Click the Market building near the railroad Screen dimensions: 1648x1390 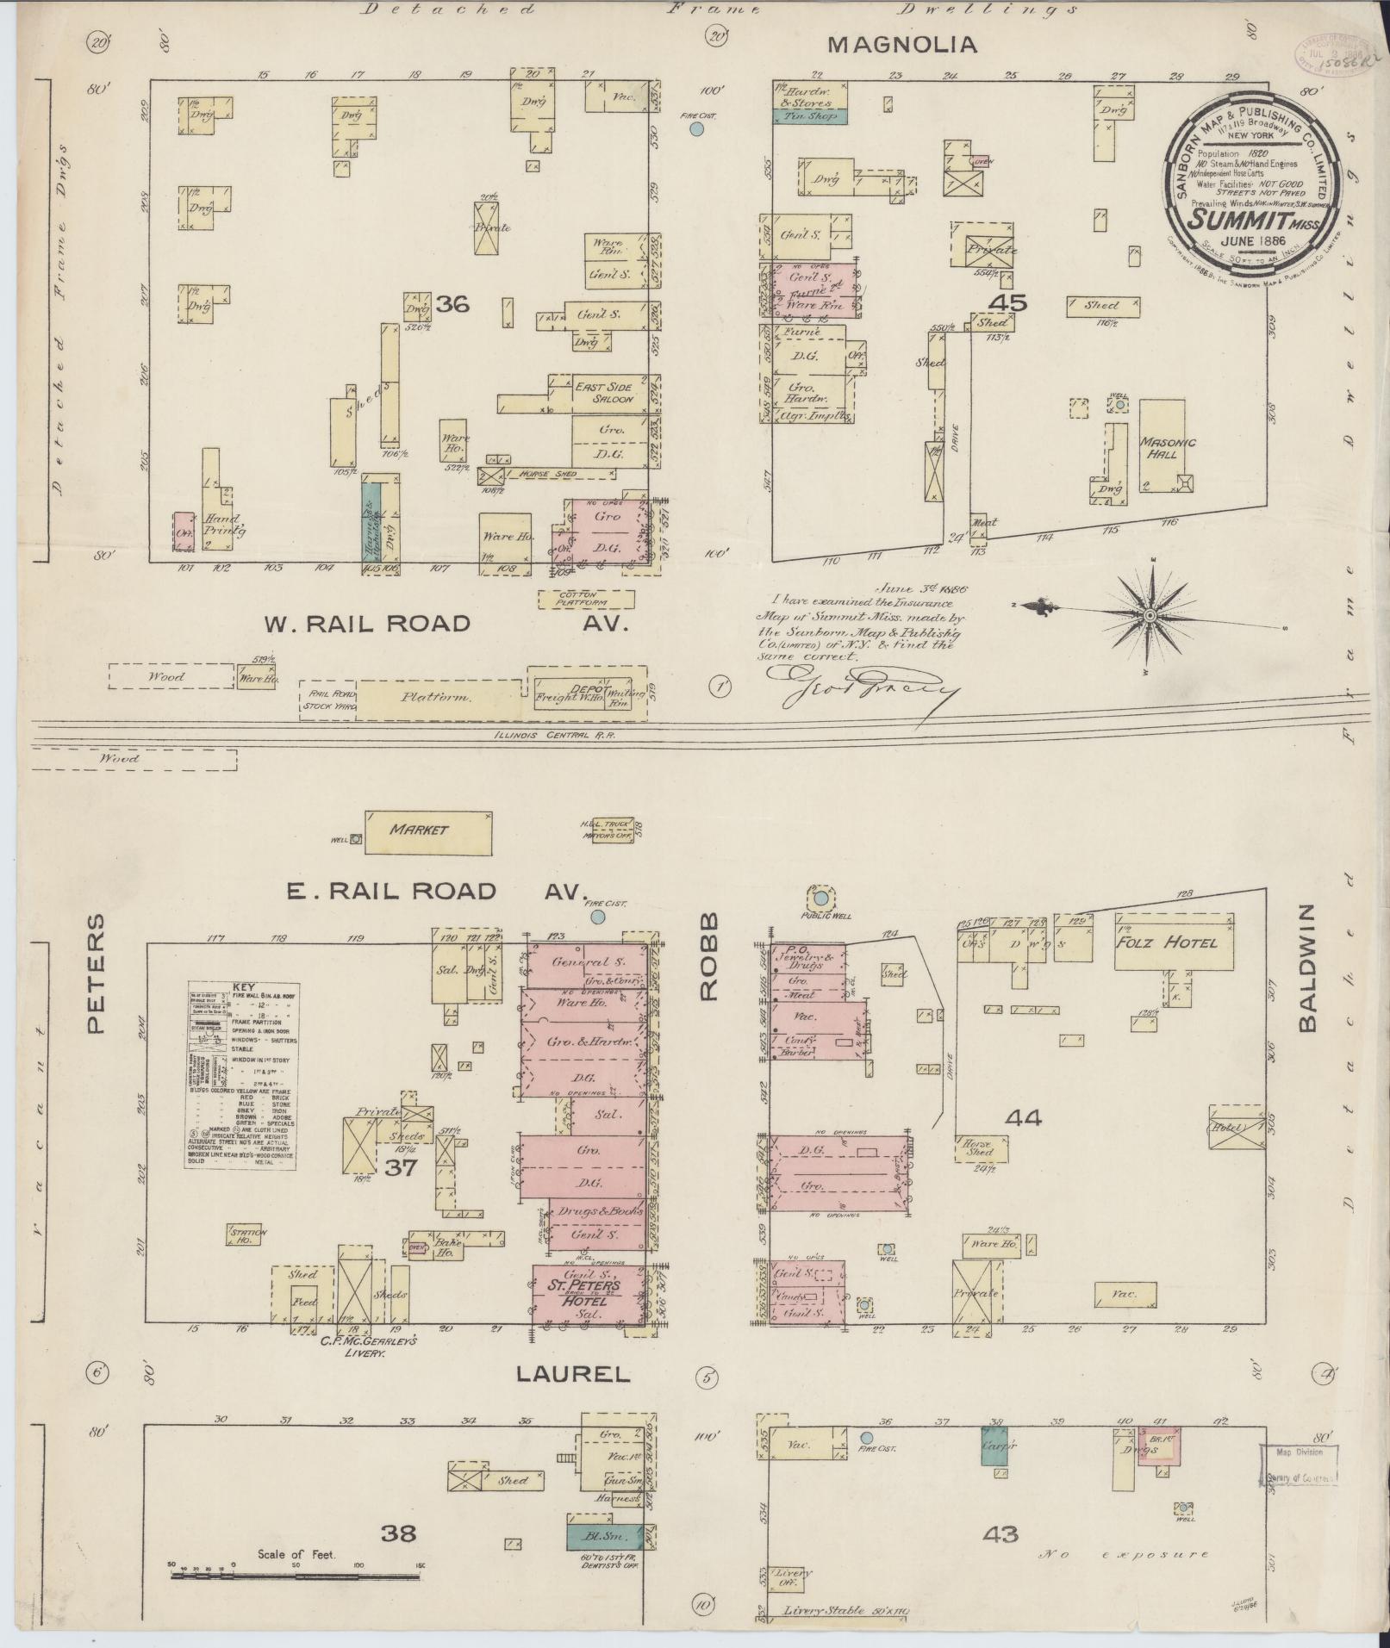pyautogui.click(x=427, y=830)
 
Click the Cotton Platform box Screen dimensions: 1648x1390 pyautogui.click(x=586, y=599)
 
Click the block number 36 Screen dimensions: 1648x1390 pyautogui.click(x=452, y=303)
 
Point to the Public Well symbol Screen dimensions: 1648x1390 pyautogui.click(x=815, y=896)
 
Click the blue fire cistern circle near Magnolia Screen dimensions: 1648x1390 pyautogui.click(x=697, y=129)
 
